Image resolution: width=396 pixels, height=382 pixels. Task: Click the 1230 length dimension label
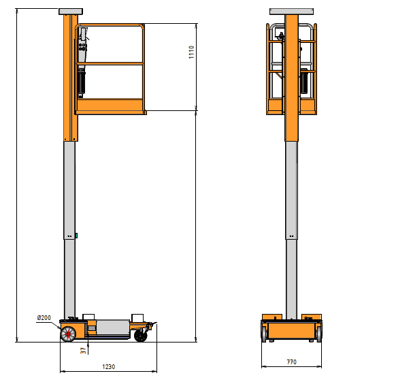(x=109, y=366)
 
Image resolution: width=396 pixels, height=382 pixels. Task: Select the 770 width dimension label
(x=292, y=362)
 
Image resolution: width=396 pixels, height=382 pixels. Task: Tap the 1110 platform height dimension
(x=191, y=52)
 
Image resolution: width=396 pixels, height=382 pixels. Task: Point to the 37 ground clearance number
(x=83, y=351)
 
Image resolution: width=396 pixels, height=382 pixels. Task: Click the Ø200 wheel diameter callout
(x=44, y=318)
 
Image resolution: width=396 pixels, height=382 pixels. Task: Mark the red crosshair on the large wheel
(x=68, y=334)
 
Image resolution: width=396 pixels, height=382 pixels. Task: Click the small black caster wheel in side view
(x=141, y=336)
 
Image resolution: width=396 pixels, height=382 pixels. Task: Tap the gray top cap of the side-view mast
(x=71, y=12)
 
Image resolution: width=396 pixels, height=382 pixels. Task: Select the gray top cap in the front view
(x=292, y=12)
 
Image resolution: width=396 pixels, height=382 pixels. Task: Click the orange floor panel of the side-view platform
(x=111, y=106)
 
